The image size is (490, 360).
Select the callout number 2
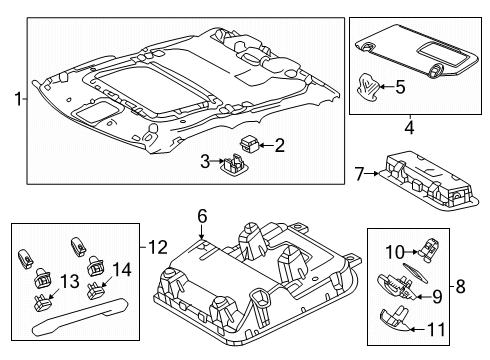click(x=280, y=145)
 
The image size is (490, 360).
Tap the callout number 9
click(x=436, y=297)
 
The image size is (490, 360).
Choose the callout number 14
click(x=123, y=269)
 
